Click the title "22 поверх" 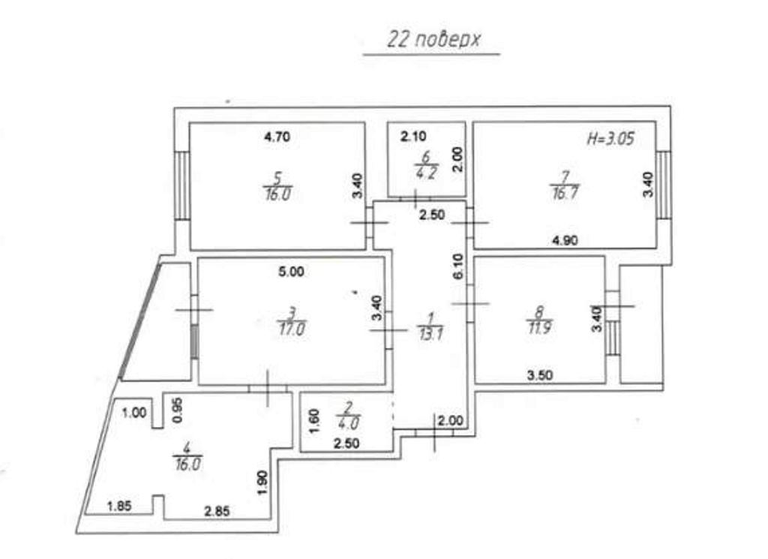pos(433,40)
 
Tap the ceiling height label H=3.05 pos(610,139)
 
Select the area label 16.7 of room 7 pos(565,193)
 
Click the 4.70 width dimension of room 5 pos(277,137)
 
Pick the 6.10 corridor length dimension pos(458,266)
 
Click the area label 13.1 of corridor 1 pos(431,335)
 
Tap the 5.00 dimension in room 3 pos(292,272)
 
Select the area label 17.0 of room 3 pos(292,329)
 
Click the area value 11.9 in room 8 pos(539,327)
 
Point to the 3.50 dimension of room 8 pos(540,375)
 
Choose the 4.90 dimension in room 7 pos(565,241)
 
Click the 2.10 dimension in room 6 pos(413,137)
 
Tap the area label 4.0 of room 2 pos(349,422)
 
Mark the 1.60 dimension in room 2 pos(314,422)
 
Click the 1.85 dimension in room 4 pos(119,506)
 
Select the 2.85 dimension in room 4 pos(217,512)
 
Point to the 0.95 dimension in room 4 pos(178,410)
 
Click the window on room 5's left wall pos(182,185)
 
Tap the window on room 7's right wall pos(664,185)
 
